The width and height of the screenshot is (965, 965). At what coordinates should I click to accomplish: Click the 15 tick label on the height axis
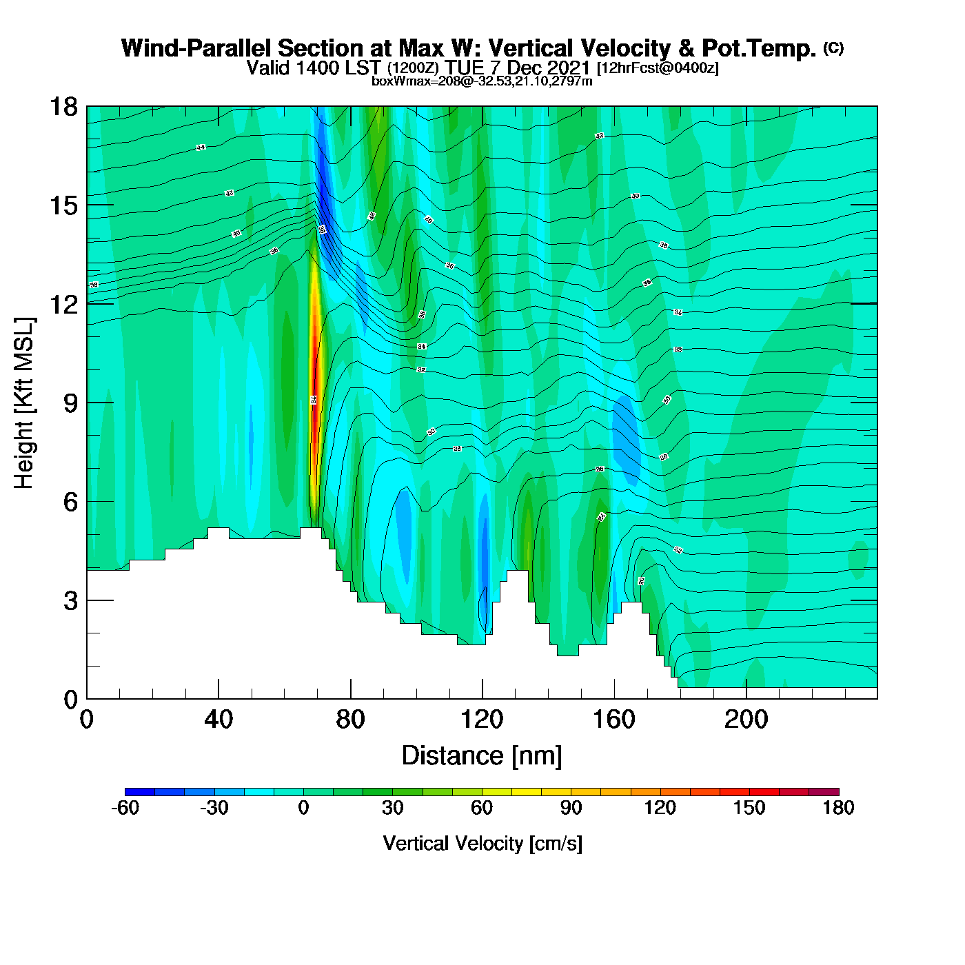[x=63, y=205]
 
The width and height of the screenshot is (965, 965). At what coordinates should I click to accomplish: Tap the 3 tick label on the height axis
[x=70, y=601]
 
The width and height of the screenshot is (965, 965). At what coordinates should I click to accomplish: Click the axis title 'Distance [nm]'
[x=482, y=756]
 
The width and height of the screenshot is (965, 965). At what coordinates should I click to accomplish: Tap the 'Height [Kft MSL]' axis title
[x=24, y=403]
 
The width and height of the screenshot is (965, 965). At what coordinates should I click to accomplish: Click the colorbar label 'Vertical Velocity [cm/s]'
[x=482, y=843]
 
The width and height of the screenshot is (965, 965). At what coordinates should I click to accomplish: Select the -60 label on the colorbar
[x=125, y=808]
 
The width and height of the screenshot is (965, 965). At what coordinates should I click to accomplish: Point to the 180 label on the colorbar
[x=838, y=808]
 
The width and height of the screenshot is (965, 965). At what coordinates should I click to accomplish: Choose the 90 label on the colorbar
[x=571, y=808]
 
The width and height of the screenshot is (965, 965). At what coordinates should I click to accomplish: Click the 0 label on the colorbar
[x=303, y=808]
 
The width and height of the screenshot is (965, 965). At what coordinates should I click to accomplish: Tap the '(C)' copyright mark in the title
[x=833, y=48]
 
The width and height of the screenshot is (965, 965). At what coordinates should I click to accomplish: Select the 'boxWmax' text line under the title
[x=482, y=81]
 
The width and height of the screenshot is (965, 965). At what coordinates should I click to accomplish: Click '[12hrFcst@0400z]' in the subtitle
[x=658, y=68]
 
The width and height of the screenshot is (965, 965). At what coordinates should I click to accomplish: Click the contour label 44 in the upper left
[x=201, y=148]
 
